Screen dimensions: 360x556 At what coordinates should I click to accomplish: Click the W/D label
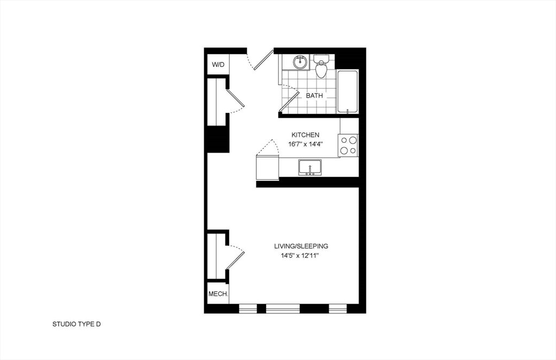[x=218, y=65]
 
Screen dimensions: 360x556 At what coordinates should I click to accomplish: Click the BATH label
[x=314, y=96]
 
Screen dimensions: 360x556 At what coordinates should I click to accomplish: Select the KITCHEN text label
[x=305, y=135]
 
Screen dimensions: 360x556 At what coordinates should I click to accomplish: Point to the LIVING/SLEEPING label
[x=301, y=246]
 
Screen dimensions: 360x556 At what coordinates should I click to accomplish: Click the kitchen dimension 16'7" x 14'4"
[x=306, y=144]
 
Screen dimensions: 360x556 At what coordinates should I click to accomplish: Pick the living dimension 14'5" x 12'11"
[x=300, y=255]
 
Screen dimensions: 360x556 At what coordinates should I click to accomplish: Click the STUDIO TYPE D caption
[x=77, y=325]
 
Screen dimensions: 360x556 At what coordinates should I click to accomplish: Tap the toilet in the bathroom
[x=321, y=67]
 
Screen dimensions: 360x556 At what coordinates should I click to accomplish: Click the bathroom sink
[x=300, y=62]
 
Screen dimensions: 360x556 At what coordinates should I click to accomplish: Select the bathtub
[x=347, y=91]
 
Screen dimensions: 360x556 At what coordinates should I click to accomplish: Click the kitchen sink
[x=309, y=167]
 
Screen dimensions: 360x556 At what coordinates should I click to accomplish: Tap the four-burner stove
[x=348, y=145]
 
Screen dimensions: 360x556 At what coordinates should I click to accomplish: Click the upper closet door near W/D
[x=235, y=98]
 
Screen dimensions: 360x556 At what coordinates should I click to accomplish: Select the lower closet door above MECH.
[x=235, y=257]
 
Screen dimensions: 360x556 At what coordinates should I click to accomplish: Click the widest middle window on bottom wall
[x=283, y=308]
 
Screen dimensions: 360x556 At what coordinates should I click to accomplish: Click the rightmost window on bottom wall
[x=338, y=308]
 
